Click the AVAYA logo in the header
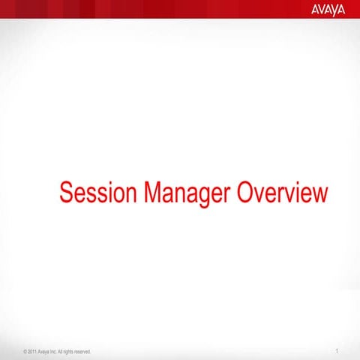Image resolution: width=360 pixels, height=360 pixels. click(x=327, y=10)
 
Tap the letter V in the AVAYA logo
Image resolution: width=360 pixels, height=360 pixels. click(x=321, y=10)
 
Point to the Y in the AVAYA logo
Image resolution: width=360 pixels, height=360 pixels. click(x=334, y=10)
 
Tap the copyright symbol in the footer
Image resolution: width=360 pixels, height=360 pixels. click(x=25, y=351)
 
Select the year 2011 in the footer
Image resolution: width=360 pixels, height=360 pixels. click(x=32, y=351)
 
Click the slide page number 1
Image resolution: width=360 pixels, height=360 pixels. click(x=339, y=350)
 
